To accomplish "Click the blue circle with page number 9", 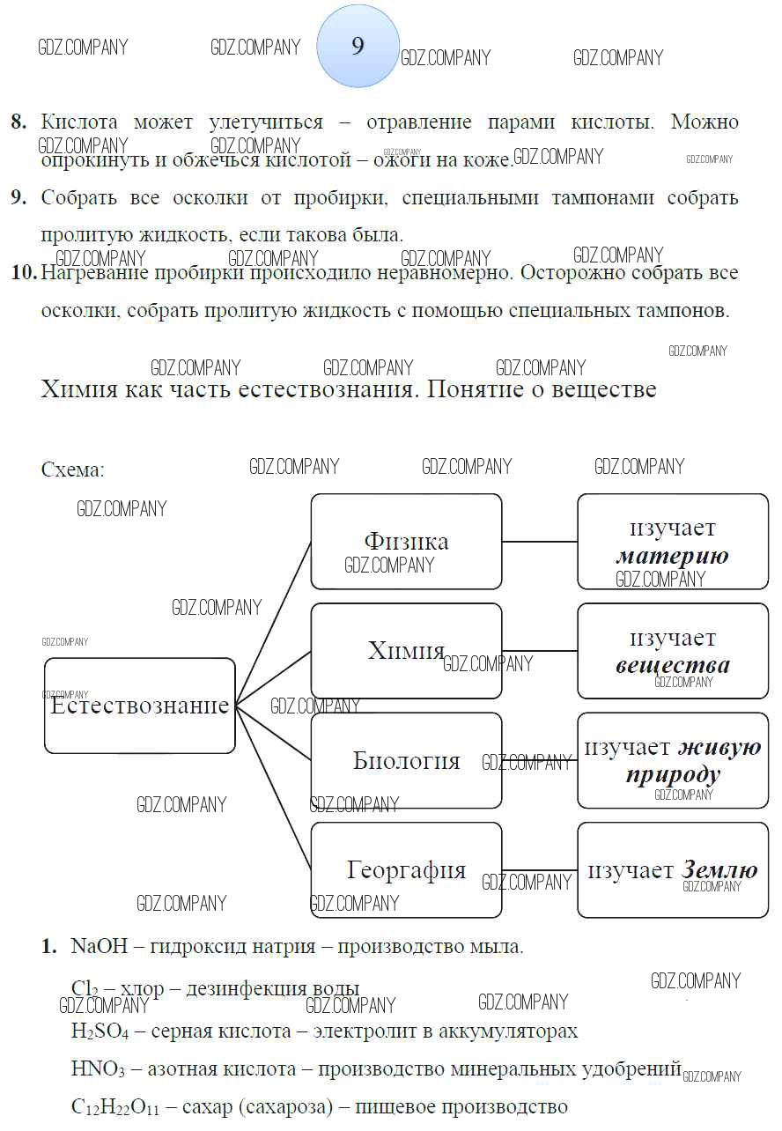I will [x=358, y=46].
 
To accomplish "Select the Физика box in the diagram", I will [x=406, y=541].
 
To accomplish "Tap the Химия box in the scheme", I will [x=406, y=650].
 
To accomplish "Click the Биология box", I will [x=406, y=760].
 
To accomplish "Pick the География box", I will [x=406, y=870].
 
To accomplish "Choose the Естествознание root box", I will [x=140, y=706].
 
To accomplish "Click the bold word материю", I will [x=672, y=556].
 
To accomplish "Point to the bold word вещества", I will [x=673, y=665].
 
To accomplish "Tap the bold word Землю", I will [x=719, y=870].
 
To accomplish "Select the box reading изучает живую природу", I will [x=673, y=760].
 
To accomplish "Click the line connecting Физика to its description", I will [x=540, y=542].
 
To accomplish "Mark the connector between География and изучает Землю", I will [x=540, y=870].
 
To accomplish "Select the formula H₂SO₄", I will [x=100, y=1031].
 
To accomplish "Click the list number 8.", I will [x=18, y=122].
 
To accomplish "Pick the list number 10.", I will [x=24, y=273].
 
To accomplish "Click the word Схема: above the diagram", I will [x=72, y=469].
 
